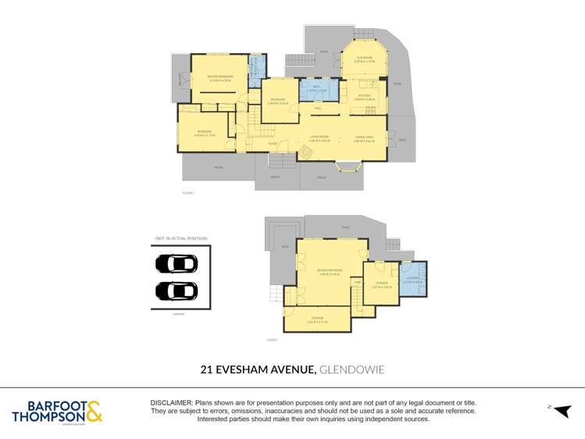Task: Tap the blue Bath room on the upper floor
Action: pos(318,90)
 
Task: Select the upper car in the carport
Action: pos(177,263)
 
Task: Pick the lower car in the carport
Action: pos(177,291)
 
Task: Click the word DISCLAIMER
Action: pos(171,402)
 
